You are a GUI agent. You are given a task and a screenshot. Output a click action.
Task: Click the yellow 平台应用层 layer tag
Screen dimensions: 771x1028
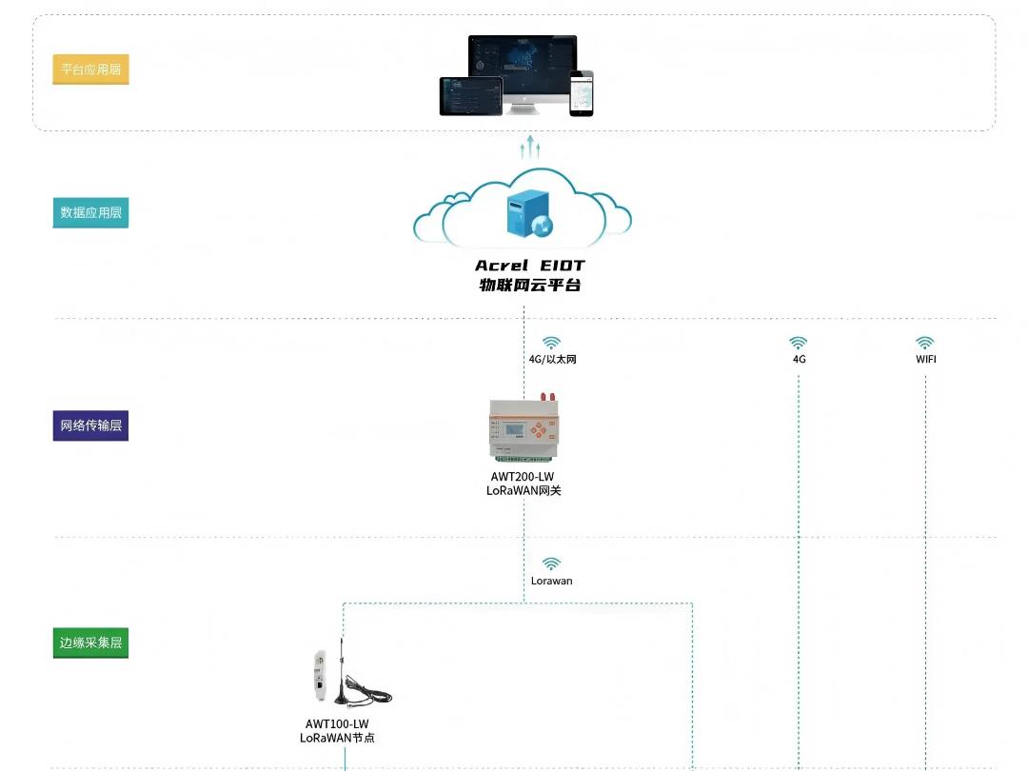coord(90,69)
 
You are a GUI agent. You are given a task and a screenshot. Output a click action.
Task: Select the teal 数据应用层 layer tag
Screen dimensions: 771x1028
coord(90,213)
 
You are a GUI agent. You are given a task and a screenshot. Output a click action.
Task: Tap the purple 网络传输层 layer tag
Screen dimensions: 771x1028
coord(90,425)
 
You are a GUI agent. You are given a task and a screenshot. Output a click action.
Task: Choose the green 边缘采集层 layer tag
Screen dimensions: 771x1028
coord(90,642)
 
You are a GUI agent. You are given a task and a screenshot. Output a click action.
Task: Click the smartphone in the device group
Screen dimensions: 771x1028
coord(582,93)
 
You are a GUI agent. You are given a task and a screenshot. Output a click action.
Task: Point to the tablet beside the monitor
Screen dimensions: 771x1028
coord(470,96)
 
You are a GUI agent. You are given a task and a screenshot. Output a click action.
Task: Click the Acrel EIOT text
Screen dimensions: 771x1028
coord(530,266)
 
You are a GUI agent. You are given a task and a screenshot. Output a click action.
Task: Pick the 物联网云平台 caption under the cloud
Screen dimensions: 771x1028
coord(530,285)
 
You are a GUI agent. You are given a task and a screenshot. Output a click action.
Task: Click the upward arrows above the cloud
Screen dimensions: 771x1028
coord(530,147)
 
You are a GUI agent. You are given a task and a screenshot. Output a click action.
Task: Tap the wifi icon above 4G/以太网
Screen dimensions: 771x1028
coord(552,343)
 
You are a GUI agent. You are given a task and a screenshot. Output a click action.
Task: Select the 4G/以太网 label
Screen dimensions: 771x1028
coord(552,360)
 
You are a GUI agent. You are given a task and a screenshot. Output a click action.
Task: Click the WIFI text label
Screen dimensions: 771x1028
coord(925,360)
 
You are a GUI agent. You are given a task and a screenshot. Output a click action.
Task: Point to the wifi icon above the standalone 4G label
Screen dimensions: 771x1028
coord(799,343)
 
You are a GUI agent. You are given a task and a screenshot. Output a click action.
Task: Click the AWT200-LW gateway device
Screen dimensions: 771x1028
coord(524,427)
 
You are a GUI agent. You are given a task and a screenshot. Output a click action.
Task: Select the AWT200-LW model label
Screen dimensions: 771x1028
coord(523,476)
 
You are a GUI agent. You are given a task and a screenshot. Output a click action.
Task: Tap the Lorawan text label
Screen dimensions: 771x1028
coord(552,581)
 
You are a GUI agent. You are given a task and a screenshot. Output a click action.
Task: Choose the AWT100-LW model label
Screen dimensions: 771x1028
coord(337,724)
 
